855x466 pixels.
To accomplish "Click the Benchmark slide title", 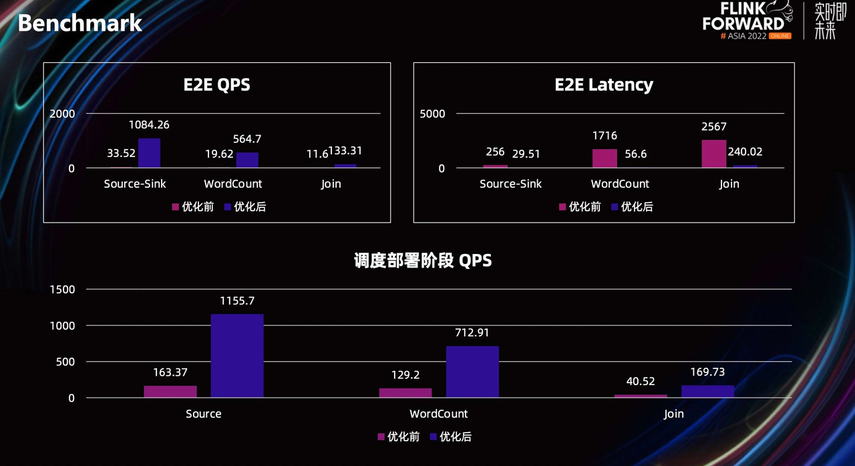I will pos(79,23).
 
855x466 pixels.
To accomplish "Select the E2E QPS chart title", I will pos(217,85).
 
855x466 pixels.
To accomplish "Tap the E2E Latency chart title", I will pos(604,85).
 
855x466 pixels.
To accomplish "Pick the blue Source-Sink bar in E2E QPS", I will pos(150,153).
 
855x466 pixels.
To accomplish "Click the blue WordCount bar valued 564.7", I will pos(247,160).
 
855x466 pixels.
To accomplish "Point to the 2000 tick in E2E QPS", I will pos(62,114).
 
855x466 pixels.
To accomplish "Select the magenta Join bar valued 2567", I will pos(713,154).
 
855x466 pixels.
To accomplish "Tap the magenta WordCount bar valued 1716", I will pos(605,158).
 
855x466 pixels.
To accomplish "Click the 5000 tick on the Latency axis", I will pos(432,114).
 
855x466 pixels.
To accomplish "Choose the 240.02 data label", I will pos(745,152).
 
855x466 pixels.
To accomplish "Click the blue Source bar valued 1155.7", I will pos(237,356).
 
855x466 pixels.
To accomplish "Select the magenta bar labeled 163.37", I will pos(170,392).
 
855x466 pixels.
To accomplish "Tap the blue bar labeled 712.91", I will pos(472,372).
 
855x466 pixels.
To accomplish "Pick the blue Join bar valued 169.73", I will pos(707,392).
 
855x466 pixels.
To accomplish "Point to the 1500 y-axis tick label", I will pos(61,289).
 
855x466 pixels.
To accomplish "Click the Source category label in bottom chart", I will pos(204,414).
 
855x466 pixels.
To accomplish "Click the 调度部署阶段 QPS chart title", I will pos(423,260).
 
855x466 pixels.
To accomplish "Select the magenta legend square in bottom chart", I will pos(381,437).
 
